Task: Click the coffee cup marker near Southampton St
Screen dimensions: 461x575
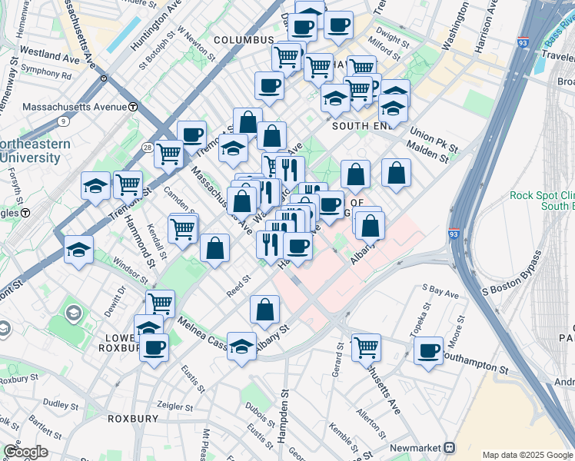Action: [428, 350]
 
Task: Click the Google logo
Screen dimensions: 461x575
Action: [25, 452]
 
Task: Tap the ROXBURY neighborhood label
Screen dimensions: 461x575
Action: [132, 419]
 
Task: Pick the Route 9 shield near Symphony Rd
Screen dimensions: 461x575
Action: [62, 121]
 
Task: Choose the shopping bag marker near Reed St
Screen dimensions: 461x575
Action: [215, 247]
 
